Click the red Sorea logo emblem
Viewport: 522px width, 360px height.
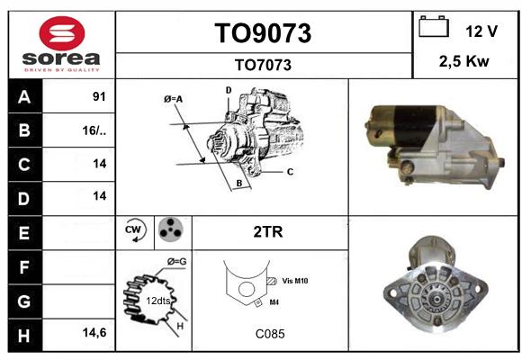62,33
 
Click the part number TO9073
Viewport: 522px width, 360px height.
263,33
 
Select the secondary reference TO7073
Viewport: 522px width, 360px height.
263,65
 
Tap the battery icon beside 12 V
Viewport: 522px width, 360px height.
434,27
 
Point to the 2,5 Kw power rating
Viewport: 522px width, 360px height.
464,61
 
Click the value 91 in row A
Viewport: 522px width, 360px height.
99,96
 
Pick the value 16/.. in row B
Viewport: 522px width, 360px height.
94,130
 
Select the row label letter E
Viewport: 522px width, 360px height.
24,233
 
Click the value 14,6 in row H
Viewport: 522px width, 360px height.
94,332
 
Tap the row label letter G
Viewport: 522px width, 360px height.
24,301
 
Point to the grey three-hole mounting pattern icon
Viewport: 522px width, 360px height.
170,229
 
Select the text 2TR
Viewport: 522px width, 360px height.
268,232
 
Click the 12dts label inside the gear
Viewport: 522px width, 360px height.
158,301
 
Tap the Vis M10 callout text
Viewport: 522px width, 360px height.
295,281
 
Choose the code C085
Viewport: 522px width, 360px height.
270,334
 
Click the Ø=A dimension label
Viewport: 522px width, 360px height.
173,99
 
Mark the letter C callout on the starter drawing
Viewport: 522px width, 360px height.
290,172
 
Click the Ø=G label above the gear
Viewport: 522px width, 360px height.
176,261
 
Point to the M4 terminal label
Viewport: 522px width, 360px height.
274,302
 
